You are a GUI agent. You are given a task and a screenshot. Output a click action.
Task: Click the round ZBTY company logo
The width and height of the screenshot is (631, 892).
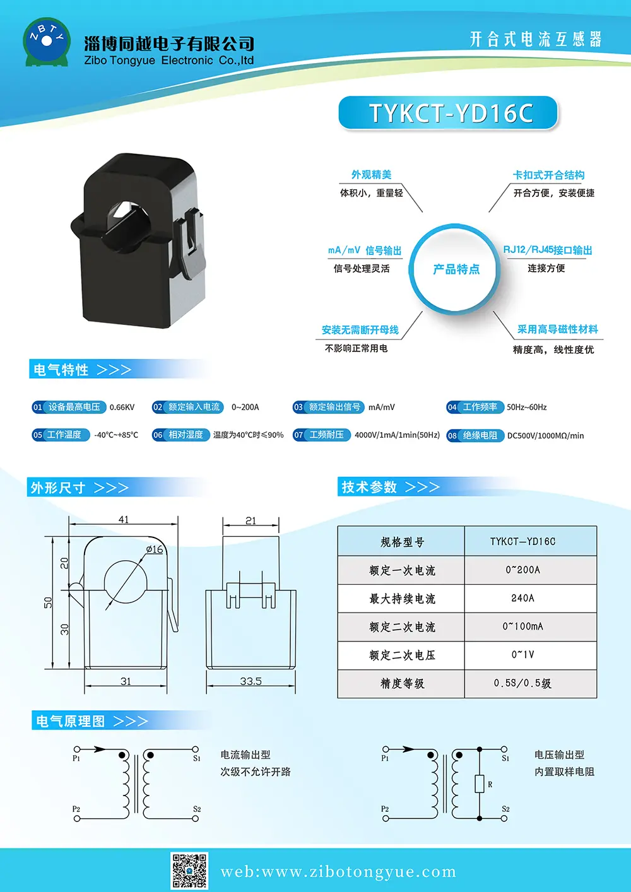47,42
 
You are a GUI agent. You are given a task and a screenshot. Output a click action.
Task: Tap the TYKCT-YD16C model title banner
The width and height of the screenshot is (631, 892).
448,113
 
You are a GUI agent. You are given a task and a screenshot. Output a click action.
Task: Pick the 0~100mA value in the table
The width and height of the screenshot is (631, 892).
522,626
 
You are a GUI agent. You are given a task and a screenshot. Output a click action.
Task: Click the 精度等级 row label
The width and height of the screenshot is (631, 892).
403,683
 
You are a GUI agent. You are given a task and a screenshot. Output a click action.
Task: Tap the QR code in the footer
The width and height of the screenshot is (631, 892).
189,871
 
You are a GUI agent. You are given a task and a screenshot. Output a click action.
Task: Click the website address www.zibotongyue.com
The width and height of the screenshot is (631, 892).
339,872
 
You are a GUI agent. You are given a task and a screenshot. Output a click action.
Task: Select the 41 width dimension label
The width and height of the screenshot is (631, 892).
124,520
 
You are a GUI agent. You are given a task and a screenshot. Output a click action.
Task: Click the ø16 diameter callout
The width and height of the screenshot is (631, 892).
155,549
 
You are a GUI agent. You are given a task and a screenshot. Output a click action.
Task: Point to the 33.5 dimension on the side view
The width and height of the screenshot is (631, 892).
251,681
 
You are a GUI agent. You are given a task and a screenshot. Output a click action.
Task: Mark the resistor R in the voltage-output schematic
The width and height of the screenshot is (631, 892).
480,783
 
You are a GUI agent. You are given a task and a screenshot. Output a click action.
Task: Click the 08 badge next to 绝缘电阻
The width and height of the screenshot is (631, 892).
452,436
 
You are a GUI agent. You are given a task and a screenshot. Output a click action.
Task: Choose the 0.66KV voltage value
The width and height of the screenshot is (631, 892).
122,407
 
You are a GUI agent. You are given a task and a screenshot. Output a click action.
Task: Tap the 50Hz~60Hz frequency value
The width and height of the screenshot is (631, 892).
526,407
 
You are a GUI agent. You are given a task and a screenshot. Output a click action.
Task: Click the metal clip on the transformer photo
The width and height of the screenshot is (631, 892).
192,243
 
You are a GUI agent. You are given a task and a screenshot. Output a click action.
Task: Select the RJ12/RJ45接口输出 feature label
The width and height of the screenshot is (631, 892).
547,250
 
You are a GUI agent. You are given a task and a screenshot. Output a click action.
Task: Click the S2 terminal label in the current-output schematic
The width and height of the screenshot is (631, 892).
197,809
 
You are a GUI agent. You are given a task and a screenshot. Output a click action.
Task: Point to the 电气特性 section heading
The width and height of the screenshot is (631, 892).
61,370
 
